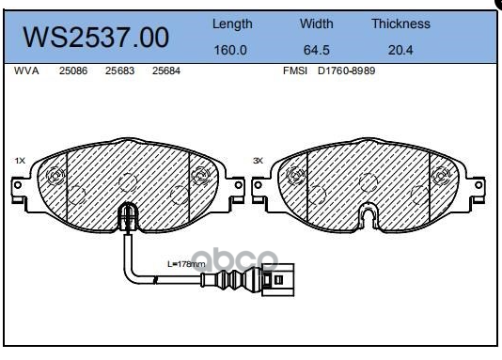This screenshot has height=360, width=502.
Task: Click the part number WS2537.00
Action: pyautogui.click(x=96, y=38)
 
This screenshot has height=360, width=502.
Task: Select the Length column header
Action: pyautogui.click(x=232, y=24)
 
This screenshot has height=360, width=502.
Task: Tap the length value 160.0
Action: pyautogui.click(x=230, y=50)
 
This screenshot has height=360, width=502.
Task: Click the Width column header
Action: pyautogui.click(x=316, y=23)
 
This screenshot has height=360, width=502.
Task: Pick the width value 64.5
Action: pyautogui.click(x=316, y=50)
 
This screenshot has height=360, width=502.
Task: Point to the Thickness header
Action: pyautogui.click(x=400, y=23)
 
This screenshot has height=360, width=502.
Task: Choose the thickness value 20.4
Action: pyautogui.click(x=400, y=50)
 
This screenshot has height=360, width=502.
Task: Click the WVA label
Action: pyautogui.click(x=26, y=70)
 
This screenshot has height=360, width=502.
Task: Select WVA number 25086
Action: pyautogui.click(x=73, y=70)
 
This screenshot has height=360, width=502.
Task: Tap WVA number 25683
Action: pyautogui.click(x=119, y=70)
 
